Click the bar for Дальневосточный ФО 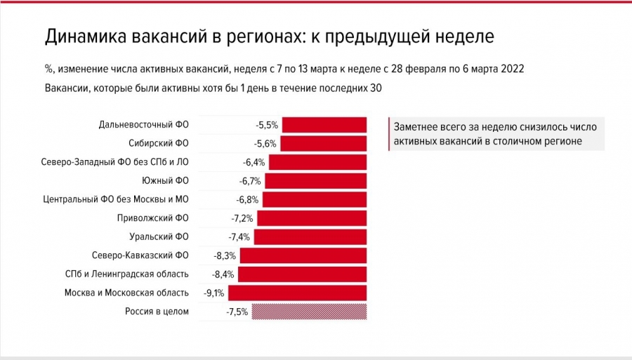(324, 125)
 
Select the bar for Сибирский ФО (325, 144)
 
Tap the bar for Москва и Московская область (298, 293)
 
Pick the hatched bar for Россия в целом (310, 312)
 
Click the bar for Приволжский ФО (312, 218)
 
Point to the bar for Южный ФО (316, 181)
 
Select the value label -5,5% (267, 126)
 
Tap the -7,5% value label (237, 312)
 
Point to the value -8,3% (224, 255)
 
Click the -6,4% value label (254, 163)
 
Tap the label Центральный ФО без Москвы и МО (117, 199)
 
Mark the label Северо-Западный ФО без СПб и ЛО (116, 162)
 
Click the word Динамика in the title (83, 36)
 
